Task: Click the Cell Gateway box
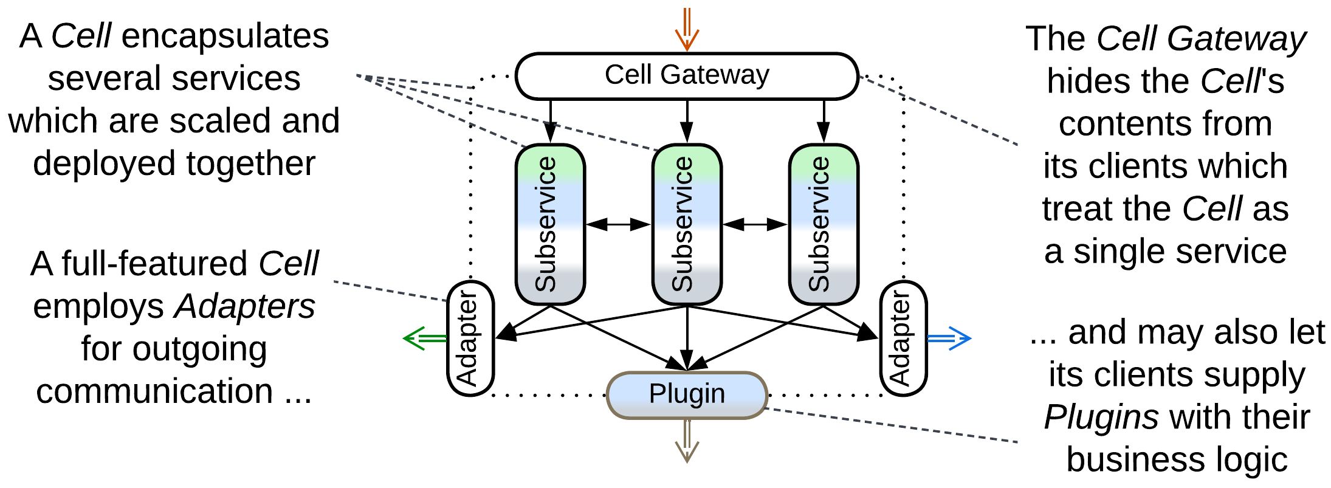(x=687, y=76)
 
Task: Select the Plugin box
(x=687, y=395)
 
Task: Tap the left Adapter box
(x=470, y=339)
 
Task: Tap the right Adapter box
(x=903, y=339)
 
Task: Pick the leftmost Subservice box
(x=550, y=224)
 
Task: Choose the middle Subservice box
(x=687, y=224)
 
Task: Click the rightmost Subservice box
(x=824, y=224)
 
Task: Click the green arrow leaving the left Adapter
(x=424, y=339)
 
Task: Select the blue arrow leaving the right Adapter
(x=949, y=339)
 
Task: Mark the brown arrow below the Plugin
(x=687, y=441)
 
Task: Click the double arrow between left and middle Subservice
(x=618, y=224)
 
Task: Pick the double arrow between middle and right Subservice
(x=755, y=224)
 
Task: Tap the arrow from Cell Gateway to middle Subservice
(x=687, y=122)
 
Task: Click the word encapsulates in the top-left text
(x=225, y=36)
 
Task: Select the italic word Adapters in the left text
(x=245, y=306)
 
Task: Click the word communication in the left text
(x=154, y=391)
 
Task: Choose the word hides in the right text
(x=1079, y=81)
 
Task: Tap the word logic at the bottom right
(x=1254, y=460)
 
